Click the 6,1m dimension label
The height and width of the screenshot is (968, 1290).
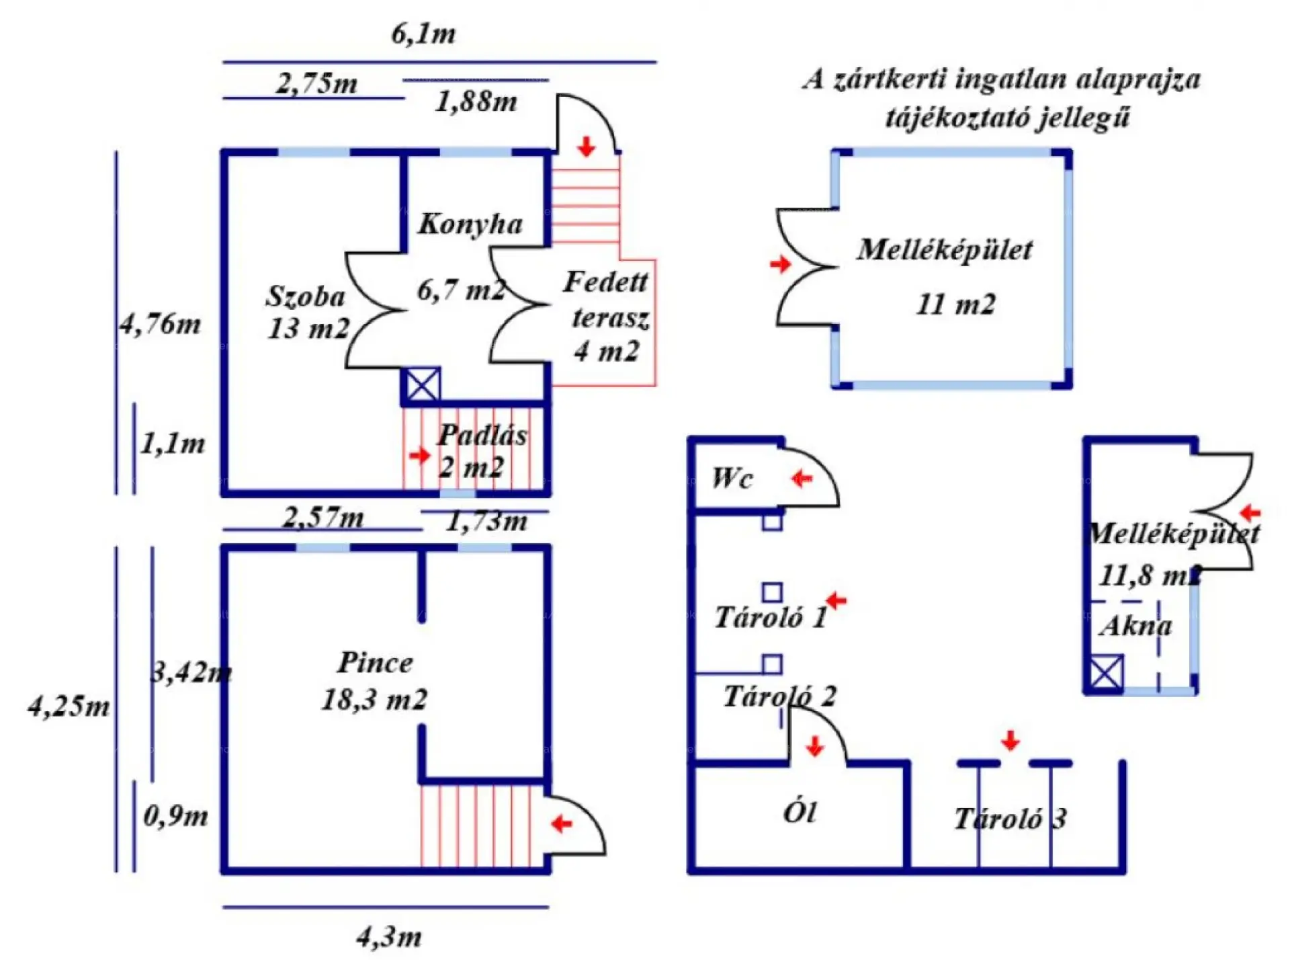point(423,34)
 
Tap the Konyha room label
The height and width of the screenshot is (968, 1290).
point(470,225)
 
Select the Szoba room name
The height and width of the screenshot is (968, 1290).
point(305,296)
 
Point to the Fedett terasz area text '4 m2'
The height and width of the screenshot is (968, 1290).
point(606,351)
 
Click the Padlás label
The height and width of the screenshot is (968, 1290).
point(482,436)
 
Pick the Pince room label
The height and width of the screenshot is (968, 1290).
point(375,663)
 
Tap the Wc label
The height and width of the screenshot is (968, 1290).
point(732,479)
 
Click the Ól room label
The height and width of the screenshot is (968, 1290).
point(800,813)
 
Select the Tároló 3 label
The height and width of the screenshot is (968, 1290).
point(1010,819)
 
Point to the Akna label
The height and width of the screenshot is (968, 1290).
point(1135,627)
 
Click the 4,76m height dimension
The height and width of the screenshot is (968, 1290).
point(160,325)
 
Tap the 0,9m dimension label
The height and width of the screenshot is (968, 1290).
point(176,816)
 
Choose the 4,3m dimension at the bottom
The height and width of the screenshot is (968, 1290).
point(389,937)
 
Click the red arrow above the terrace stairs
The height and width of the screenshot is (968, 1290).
point(587,147)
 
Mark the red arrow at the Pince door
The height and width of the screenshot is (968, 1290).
point(562,823)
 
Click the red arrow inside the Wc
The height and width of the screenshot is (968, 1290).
point(802,479)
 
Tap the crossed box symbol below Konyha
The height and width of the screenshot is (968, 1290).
point(423,386)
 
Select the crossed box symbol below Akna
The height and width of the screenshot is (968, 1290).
point(1105,673)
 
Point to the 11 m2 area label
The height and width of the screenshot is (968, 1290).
point(955,305)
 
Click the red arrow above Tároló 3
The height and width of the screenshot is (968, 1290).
point(1010,741)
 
